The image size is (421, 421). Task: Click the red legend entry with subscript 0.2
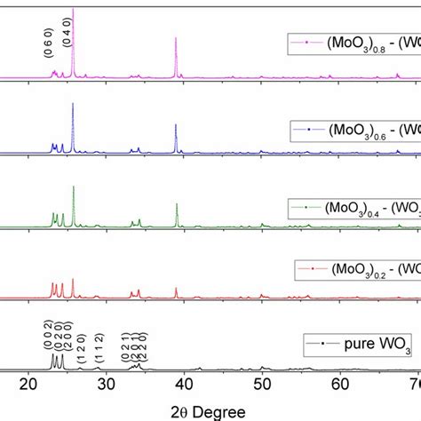coord(364,268)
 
